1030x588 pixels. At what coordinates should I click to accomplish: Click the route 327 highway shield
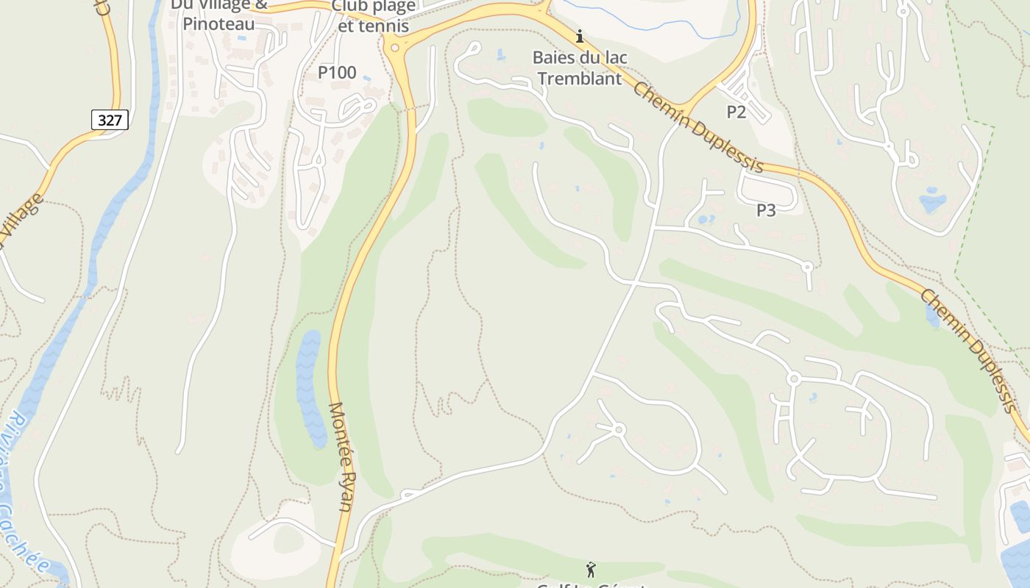pos(110,120)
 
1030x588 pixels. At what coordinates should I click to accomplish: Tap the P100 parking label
pos(337,73)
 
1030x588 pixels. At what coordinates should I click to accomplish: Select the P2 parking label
pos(736,112)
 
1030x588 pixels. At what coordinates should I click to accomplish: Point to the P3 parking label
pos(766,210)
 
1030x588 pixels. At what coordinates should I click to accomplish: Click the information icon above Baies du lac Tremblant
pos(580,35)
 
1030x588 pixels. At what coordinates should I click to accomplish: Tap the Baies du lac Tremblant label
pos(578,68)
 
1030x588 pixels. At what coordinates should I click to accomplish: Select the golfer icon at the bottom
pos(590,569)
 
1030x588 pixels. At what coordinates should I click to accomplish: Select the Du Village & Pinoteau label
pos(219,15)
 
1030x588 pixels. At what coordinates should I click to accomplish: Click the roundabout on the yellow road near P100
pos(395,49)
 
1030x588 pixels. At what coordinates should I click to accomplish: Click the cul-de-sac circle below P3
pos(807,267)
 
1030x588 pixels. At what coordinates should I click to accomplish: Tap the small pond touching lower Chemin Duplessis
pos(932,315)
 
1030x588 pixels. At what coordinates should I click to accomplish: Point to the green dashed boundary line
pos(971,198)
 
